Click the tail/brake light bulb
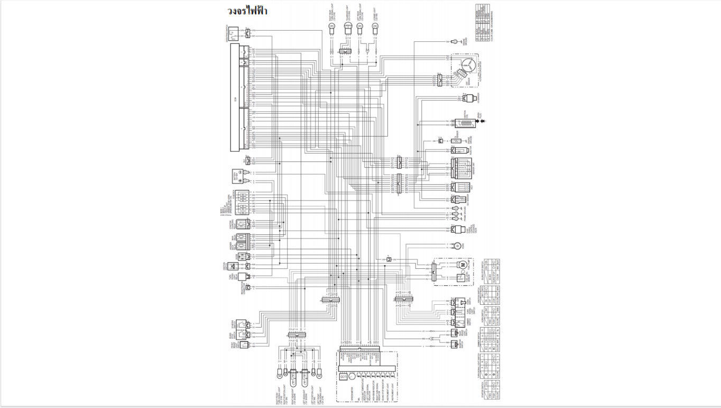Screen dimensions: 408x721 (x=348, y=26)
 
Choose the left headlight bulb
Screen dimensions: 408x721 (x=305, y=375)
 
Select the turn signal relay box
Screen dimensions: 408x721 (x=243, y=276)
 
